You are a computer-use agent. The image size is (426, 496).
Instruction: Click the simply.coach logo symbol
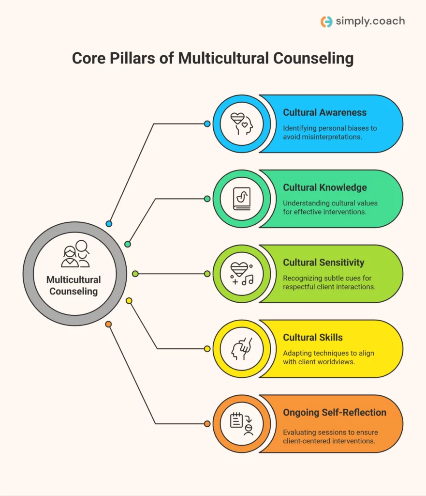(326, 22)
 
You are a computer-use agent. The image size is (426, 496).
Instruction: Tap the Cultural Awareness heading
(325, 112)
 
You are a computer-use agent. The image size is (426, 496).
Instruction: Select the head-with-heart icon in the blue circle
(241, 124)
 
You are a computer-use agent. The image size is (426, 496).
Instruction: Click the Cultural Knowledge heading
(325, 187)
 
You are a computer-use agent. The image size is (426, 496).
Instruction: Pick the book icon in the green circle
(241, 199)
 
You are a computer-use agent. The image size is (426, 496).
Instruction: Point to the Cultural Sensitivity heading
(323, 263)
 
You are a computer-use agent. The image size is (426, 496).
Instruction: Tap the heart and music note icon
(241, 274)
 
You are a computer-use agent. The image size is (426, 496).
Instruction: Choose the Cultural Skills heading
(313, 338)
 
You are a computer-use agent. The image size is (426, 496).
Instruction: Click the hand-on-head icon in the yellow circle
(241, 349)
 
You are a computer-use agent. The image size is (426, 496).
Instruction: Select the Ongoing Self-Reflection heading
(335, 413)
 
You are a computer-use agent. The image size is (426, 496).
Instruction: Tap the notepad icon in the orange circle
(241, 424)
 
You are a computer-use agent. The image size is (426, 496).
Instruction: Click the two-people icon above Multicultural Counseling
(75, 254)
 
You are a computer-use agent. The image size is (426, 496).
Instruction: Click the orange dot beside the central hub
(108, 324)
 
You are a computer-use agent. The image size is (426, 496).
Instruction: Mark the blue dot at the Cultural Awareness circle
(207, 124)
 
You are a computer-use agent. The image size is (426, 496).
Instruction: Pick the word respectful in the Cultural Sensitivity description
(302, 287)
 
